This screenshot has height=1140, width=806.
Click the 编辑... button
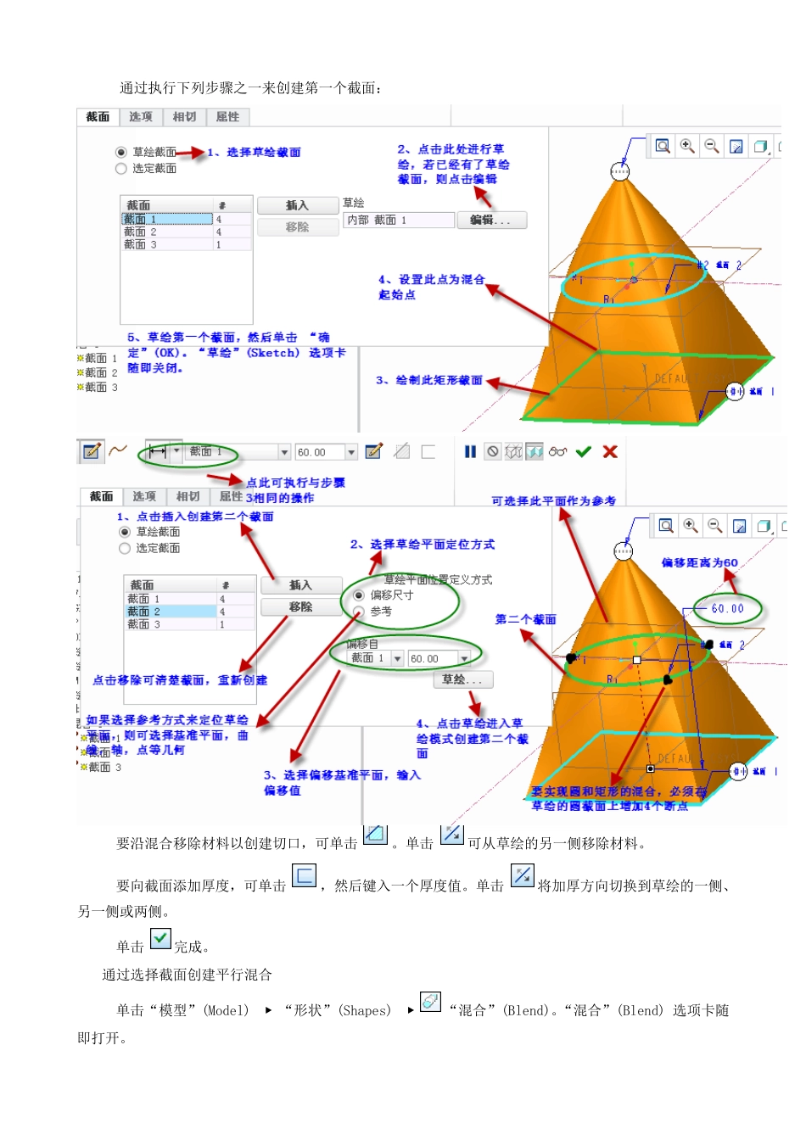point(491,221)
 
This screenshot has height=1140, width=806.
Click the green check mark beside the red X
point(583,452)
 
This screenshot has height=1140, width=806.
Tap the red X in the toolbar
point(610,452)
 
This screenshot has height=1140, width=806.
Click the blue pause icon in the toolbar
point(470,452)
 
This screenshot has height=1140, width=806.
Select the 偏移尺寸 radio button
point(359,595)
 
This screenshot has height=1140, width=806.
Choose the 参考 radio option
point(359,612)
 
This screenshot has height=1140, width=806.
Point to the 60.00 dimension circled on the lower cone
point(727,609)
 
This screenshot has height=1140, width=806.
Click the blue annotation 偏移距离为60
point(699,563)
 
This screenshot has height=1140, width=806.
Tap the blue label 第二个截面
point(525,620)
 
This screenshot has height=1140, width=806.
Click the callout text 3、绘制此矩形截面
point(429,381)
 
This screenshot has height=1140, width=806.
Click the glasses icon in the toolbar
point(557,452)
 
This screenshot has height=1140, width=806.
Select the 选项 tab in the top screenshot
point(141,117)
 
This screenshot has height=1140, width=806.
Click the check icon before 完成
point(160,939)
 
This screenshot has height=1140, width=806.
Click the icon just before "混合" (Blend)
point(431,1002)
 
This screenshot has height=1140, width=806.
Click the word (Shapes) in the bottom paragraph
point(365,1011)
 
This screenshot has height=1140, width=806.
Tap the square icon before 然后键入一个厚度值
point(304,875)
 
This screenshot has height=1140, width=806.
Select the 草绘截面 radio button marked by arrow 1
point(121,153)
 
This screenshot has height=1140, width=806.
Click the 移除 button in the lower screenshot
point(300,607)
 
